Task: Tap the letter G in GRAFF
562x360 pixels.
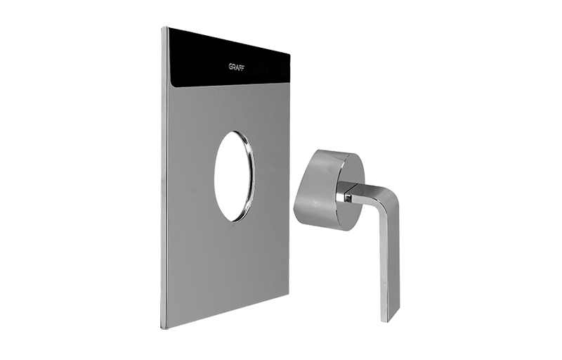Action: [231, 67]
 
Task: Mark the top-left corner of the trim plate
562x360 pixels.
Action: [162, 27]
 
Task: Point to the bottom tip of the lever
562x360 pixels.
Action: [385, 319]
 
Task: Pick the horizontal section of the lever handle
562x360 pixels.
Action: [365, 194]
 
